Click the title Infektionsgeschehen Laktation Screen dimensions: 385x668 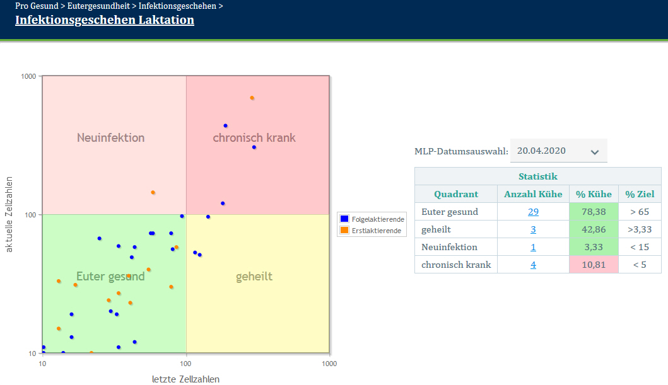pos(104,20)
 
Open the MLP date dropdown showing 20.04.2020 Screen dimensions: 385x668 pos(558,151)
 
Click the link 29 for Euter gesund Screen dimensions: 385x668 pos(533,212)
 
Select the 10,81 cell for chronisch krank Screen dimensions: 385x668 pos(593,265)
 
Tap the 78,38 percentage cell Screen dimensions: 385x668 pos(593,212)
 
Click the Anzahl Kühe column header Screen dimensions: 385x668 pos(533,194)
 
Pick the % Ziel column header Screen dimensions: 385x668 pos(640,194)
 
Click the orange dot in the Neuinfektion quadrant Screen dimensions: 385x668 pos(153,192)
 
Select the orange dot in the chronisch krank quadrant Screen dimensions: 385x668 pos(252,98)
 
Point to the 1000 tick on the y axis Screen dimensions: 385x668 pos(28,76)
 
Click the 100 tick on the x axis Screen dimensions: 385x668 pos(185,364)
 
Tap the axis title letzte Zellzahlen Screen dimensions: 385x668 pos(185,379)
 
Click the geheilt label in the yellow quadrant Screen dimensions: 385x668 pos(254,277)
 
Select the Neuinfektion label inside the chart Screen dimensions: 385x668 pos(111,137)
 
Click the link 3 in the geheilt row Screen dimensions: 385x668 pos(533,229)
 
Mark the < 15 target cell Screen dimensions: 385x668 pos(640,247)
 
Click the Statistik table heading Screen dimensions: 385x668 pos(537,176)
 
